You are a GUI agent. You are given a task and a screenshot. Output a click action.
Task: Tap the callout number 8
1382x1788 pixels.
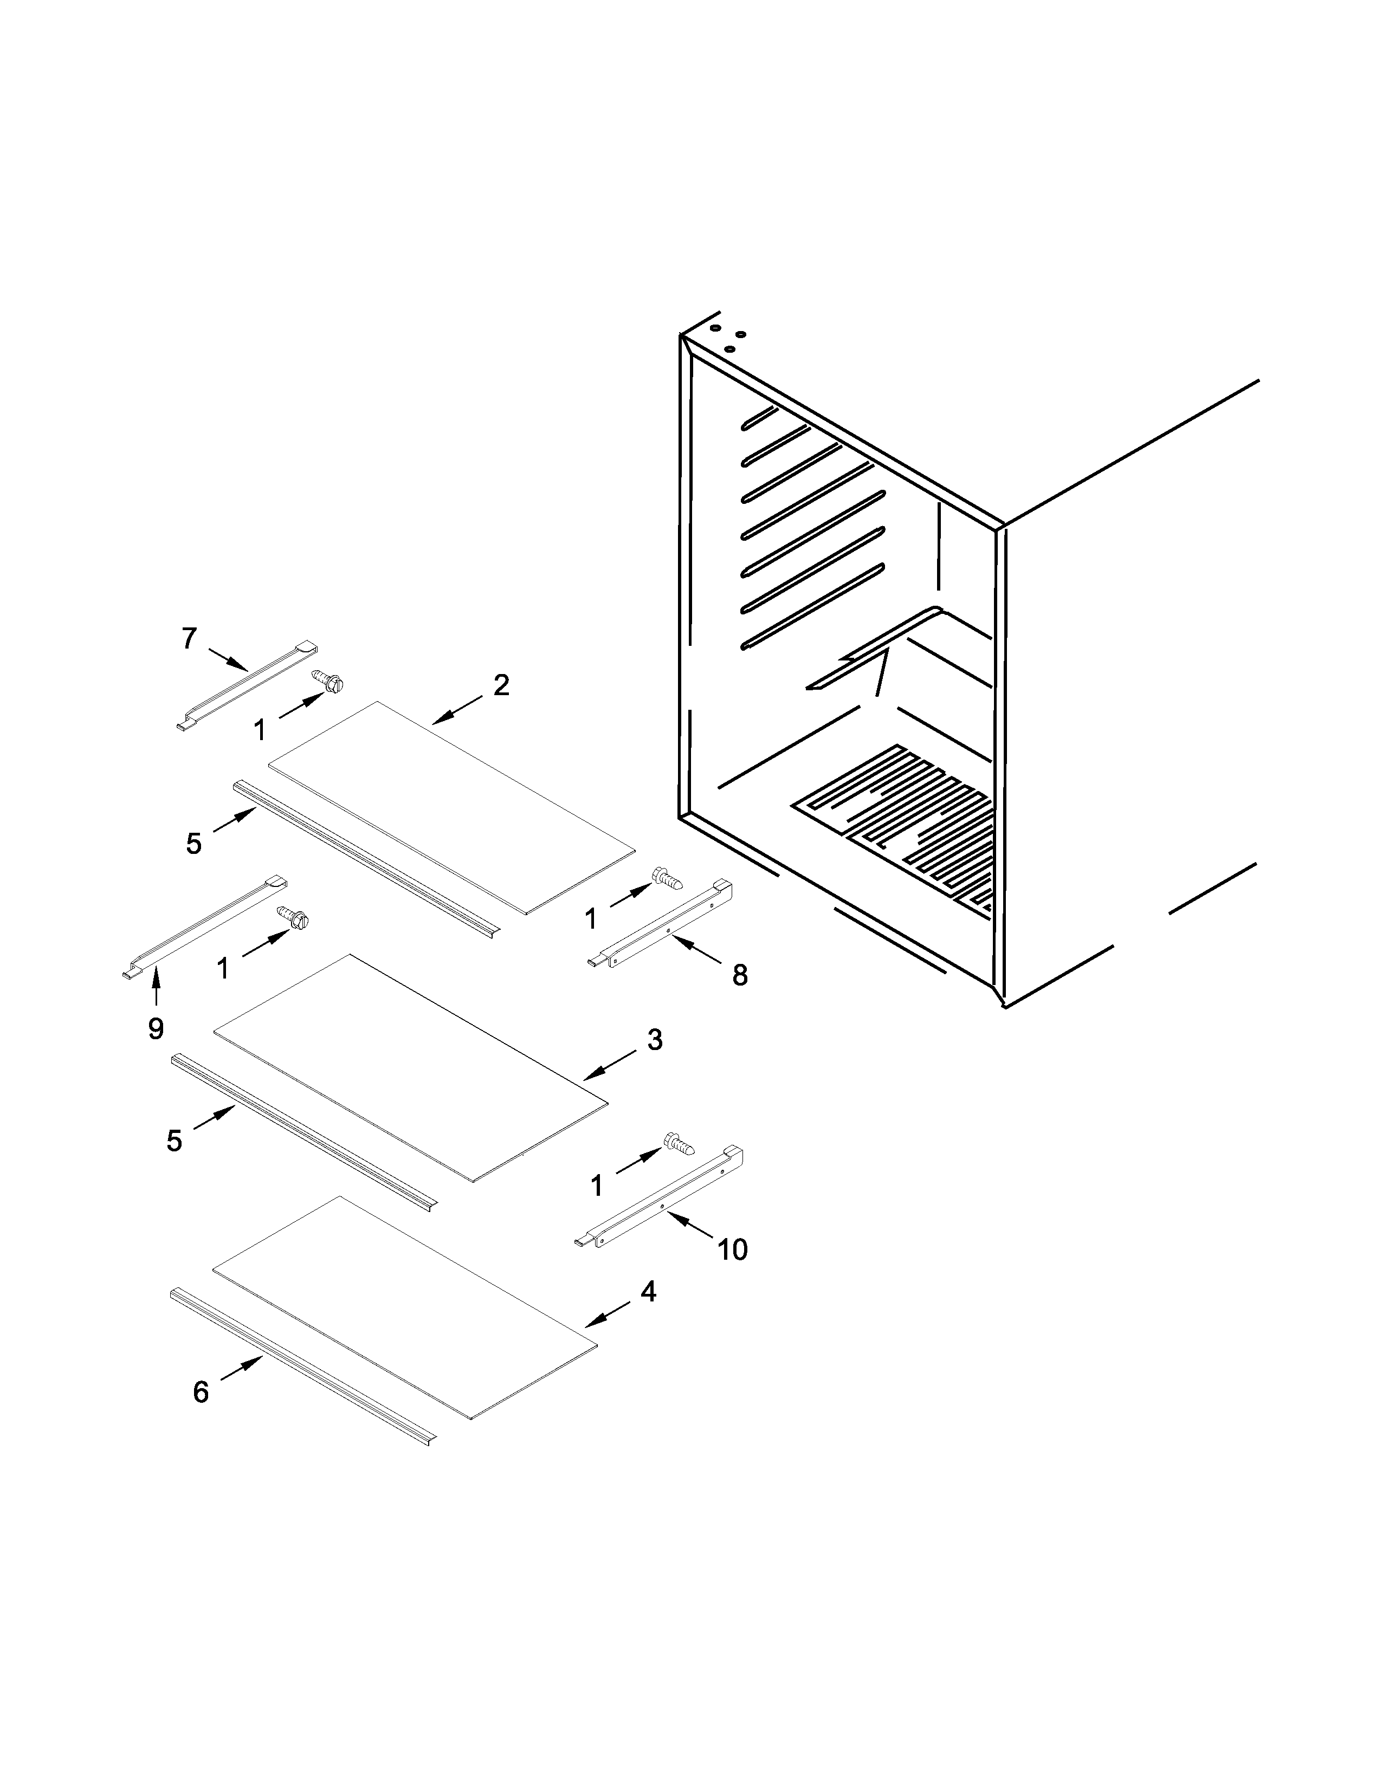(x=739, y=975)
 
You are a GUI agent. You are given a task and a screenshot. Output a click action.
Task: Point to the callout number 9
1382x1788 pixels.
(x=156, y=1028)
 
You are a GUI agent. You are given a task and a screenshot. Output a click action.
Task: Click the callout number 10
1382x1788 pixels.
(x=732, y=1249)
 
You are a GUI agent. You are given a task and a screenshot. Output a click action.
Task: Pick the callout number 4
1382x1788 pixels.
(x=648, y=1292)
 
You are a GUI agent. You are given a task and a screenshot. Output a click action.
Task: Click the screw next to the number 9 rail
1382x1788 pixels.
(x=293, y=918)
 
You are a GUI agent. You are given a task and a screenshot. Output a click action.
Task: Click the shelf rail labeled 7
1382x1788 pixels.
(x=246, y=684)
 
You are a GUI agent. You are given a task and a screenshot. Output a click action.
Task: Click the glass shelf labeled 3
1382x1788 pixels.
(x=409, y=1067)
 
